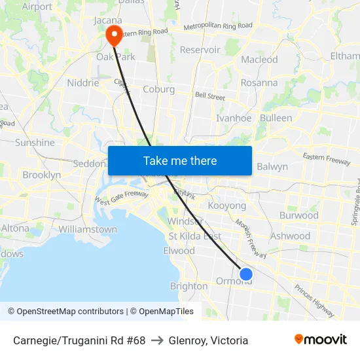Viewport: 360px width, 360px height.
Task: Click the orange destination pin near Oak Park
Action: click(114, 35)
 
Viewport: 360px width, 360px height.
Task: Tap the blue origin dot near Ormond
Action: click(246, 274)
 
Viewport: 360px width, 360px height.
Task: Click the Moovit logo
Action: click(321, 340)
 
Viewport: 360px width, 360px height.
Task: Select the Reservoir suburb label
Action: click(200, 50)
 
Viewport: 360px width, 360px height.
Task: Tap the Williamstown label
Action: click(88, 230)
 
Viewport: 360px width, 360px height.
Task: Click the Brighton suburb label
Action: click(189, 286)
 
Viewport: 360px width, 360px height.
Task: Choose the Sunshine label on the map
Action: click(35, 143)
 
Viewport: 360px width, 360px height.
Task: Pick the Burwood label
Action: click(298, 215)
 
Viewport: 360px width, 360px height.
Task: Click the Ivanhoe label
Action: click(234, 118)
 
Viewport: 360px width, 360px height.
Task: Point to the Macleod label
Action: click(259, 60)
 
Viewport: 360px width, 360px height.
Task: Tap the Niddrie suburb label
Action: click(83, 83)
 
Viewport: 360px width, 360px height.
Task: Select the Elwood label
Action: click(179, 251)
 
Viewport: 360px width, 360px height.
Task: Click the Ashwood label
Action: click(290, 236)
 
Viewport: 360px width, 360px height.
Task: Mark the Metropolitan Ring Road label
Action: click(217, 26)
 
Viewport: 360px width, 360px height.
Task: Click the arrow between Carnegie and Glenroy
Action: click(157, 340)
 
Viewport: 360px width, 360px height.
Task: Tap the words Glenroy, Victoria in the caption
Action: click(208, 340)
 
